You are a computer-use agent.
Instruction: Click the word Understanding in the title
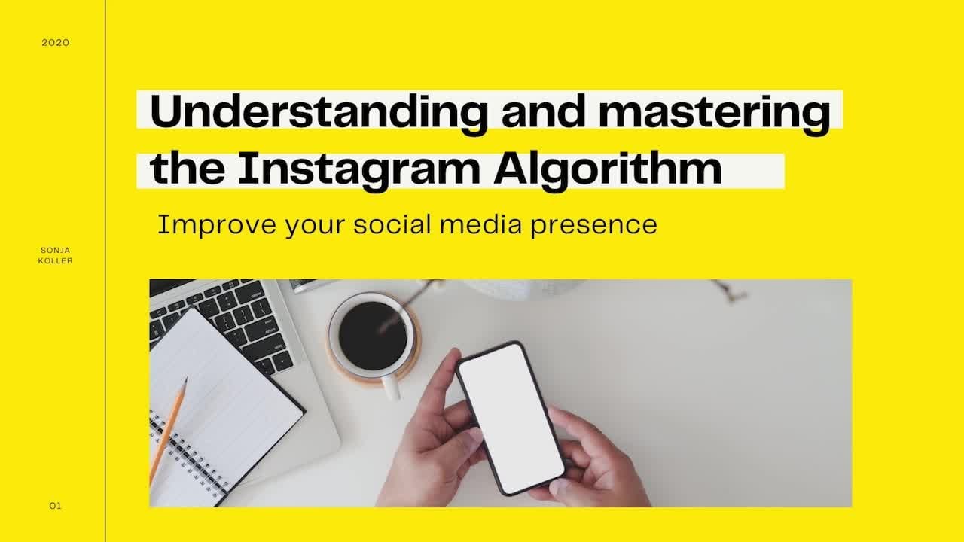point(319,112)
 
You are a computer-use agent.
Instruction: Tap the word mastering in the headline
point(715,113)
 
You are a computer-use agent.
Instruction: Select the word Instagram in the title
point(359,170)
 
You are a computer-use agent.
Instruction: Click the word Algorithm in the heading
point(608,170)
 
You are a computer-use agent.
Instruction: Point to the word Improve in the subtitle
point(217,225)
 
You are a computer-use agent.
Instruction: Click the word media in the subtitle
point(480,224)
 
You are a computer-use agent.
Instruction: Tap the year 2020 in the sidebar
point(56,43)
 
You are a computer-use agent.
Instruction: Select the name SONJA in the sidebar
point(56,250)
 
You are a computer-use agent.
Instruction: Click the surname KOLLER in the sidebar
point(56,260)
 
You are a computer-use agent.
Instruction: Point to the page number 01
point(56,506)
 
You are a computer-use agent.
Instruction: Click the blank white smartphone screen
point(511,418)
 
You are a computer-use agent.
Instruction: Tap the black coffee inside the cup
point(373,336)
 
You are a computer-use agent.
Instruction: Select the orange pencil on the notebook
point(169,430)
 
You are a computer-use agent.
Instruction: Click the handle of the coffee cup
point(391,388)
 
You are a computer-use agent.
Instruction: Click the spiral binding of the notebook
point(188,455)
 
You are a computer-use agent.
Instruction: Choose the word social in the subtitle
point(392,224)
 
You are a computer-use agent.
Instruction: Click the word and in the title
point(544,112)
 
